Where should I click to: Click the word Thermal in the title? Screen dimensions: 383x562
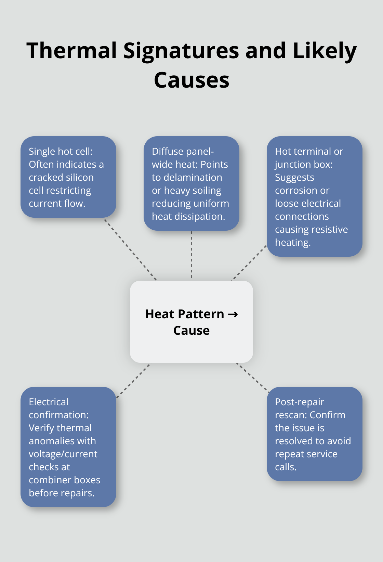click(72, 50)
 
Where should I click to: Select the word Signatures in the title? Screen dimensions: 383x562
click(181, 51)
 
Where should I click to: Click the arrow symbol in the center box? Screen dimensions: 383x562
click(233, 314)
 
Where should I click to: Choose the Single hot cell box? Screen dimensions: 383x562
click(68, 177)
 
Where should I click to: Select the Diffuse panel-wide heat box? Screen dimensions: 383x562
click(191, 183)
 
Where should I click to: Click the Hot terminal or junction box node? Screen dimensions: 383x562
click(315, 196)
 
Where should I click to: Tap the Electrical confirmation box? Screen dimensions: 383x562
click(68, 447)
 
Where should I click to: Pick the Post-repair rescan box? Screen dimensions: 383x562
click(315, 434)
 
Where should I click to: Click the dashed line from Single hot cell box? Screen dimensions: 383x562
click(130, 250)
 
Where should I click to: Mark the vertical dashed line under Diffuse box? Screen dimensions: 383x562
click(191, 254)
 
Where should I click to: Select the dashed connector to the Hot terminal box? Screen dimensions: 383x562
click(249, 263)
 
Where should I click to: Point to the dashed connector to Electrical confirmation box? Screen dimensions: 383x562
click(134, 380)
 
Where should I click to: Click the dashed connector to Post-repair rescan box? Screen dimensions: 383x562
click(252, 377)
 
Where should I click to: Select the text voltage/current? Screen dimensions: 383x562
click(63, 454)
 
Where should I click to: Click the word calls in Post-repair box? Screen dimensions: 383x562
click(286, 467)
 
